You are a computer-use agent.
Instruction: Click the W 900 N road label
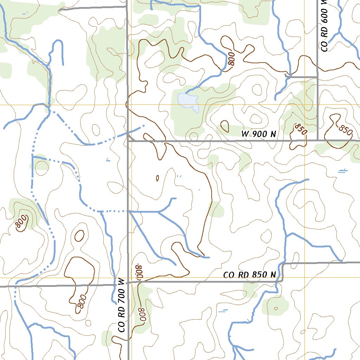259,134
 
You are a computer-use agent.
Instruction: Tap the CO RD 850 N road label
250,275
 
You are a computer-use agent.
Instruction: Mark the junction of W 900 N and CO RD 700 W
128,141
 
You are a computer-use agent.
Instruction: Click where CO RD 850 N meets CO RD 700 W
128,282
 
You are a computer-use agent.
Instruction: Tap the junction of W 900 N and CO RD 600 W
317,140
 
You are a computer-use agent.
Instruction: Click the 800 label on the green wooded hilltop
21,222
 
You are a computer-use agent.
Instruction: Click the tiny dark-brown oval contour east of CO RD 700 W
157,178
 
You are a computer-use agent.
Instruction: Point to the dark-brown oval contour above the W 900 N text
224,125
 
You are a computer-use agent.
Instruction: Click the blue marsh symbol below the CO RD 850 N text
223,311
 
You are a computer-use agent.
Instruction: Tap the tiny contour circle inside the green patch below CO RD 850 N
276,308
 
